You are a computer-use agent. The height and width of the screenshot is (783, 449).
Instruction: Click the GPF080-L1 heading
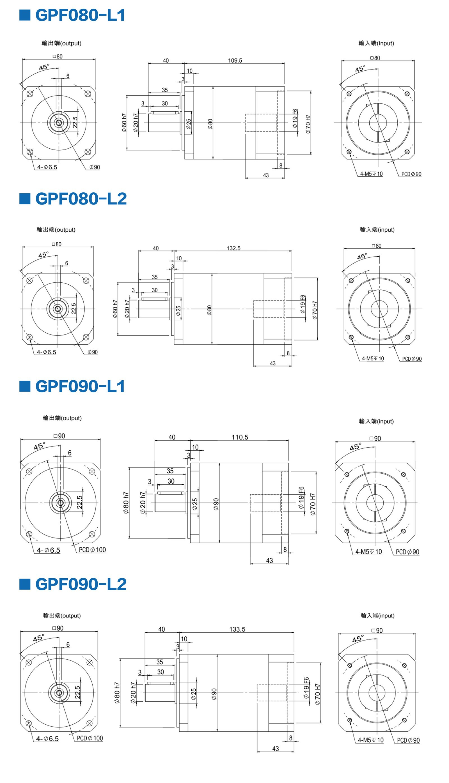click(x=80, y=15)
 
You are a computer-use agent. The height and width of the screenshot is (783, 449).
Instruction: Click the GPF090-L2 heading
click(x=81, y=584)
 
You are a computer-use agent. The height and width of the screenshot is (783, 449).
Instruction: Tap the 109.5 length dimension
click(x=235, y=60)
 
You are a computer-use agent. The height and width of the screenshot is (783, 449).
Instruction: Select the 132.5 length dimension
click(x=233, y=248)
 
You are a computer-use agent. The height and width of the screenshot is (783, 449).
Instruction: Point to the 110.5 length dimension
click(x=240, y=437)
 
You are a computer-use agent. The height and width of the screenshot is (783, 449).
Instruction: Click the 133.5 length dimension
click(x=237, y=629)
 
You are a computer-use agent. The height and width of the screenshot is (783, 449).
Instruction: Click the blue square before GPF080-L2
click(x=25, y=199)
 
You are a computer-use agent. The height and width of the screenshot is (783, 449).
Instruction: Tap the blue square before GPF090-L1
click(x=25, y=386)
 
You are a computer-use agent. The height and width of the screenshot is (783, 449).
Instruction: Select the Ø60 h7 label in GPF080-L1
click(x=124, y=123)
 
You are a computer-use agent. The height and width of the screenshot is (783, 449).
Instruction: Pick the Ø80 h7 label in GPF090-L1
click(x=126, y=503)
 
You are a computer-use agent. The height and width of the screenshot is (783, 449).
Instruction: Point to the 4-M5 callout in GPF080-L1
click(x=371, y=174)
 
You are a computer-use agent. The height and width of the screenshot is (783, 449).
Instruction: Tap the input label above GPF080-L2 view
click(x=377, y=230)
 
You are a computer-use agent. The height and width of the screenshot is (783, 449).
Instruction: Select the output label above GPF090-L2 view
click(x=62, y=615)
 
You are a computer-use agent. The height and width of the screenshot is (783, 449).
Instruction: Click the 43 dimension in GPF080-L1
click(x=266, y=175)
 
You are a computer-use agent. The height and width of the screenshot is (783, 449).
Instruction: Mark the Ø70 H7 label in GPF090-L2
click(x=318, y=694)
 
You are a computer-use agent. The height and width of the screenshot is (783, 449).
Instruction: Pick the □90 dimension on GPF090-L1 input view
click(x=375, y=438)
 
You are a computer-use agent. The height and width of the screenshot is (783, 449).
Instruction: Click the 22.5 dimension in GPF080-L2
click(x=74, y=308)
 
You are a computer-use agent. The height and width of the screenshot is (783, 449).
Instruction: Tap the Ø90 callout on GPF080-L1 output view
click(x=95, y=167)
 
